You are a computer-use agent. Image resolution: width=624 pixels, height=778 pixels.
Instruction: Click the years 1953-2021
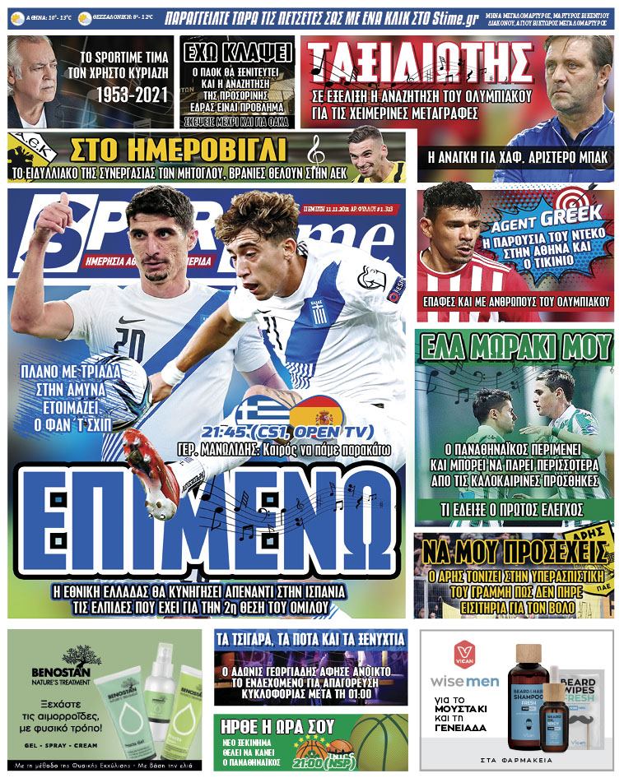(128, 95)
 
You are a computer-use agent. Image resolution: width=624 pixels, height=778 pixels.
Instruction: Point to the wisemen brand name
(465, 682)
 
